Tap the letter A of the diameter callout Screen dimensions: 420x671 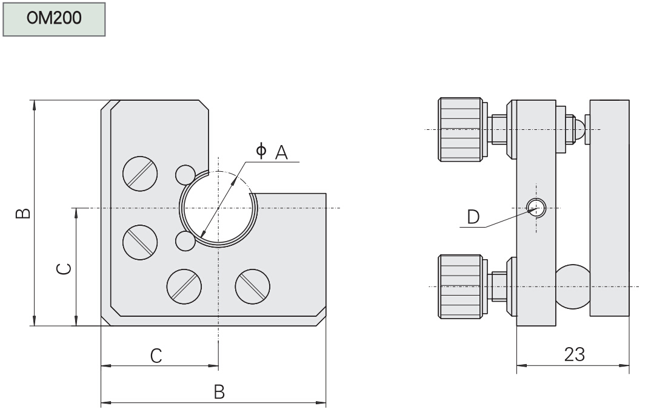click(x=281, y=152)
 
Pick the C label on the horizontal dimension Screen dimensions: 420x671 click(x=156, y=356)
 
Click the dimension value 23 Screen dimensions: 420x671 click(x=573, y=354)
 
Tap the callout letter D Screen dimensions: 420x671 click(x=473, y=215)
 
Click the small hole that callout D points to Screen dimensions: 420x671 click(x=536, y=208)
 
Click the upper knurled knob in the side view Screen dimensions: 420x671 click(x=461, y=129)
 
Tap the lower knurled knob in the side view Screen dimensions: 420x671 click(x=461, y=286)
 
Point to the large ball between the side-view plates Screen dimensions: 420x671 click(x=572, y=286)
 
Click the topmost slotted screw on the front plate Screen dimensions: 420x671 click(x=140, y=174)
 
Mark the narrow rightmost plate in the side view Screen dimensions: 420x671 click(x=609, y=208)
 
